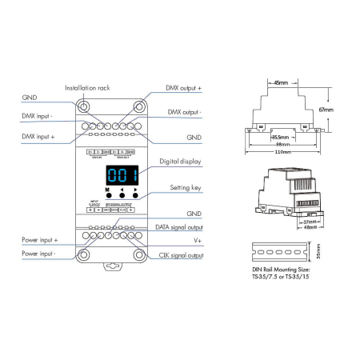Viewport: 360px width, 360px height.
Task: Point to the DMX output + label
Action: [183, 87]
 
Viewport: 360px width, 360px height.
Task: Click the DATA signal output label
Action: [182, 227]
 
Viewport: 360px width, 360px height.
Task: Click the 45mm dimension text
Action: [281, 82]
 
